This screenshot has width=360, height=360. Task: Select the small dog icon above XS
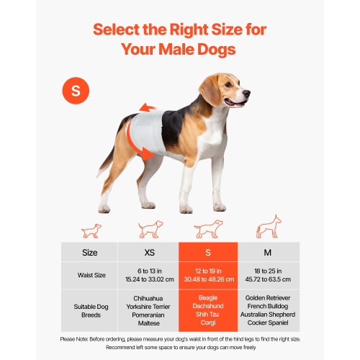[90, 231]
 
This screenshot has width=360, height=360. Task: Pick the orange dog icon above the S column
[207, 230]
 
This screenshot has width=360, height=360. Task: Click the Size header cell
[90, 253]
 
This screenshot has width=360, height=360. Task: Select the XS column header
[148, 253]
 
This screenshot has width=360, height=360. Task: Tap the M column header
[269, 253]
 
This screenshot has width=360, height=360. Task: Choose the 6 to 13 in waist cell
[148, 275]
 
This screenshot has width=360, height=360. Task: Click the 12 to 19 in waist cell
[208, 275]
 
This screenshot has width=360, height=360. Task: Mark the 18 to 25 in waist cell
[269, 275]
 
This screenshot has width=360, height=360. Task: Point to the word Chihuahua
[148, 297]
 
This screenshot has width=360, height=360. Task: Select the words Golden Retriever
[269, 297]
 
